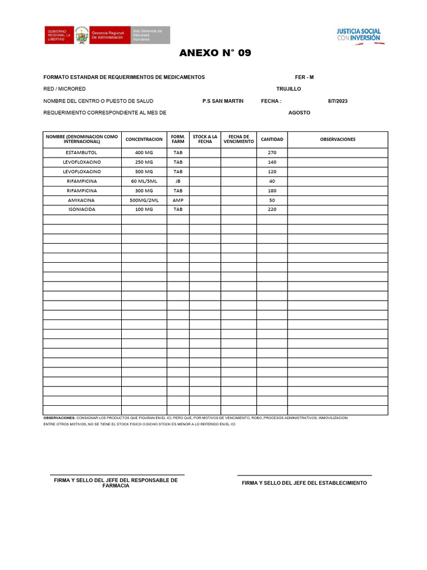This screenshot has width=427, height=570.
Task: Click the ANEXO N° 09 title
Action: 215,53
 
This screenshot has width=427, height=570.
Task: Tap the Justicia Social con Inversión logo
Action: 359,35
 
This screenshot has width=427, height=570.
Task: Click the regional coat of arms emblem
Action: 82,35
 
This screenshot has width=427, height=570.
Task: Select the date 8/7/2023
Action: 337,101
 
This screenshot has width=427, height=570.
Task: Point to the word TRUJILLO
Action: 289,89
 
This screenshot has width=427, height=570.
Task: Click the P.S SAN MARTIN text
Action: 223,101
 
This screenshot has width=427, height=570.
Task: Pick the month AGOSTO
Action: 299,113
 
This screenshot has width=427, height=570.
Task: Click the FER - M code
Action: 304,77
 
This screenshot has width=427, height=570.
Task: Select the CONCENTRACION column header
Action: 144,139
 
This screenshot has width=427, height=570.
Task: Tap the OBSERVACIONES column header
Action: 337,139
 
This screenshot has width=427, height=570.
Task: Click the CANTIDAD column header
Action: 272,139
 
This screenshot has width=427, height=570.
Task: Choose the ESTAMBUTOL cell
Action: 82,153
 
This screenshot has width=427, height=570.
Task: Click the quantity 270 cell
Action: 272,153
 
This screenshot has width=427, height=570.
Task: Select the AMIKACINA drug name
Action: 82,200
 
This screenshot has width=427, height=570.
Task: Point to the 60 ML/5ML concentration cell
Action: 144,181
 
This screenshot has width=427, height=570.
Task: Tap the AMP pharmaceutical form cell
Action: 178,200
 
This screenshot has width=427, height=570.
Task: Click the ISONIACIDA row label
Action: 82,209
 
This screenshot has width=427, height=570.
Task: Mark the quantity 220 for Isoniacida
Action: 272,209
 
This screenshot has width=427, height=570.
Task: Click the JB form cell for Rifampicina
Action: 178,181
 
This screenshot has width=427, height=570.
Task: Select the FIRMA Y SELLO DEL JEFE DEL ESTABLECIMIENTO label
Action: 304,483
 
